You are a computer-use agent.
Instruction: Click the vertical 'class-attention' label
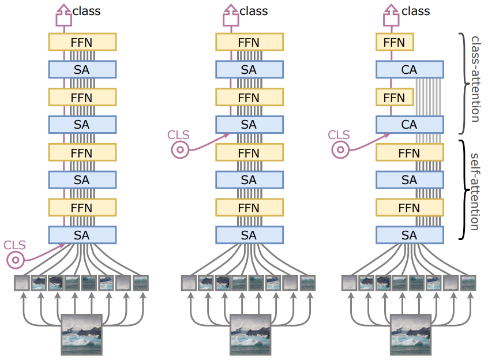(475, 80)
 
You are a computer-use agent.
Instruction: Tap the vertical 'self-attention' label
(475, 192)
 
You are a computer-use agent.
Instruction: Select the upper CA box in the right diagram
(410, 69)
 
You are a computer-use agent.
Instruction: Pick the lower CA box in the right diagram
(410, 125)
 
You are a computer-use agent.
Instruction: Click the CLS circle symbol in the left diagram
(16, 260)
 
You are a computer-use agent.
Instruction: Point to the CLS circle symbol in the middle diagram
(180, 149)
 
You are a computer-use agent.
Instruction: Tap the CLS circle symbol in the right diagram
(340, 149)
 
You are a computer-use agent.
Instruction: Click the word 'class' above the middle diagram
(254, 11)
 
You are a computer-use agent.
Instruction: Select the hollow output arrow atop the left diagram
(64, 15)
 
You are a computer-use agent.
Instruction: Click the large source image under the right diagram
(411, 335)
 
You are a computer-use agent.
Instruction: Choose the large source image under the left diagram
(81, 335)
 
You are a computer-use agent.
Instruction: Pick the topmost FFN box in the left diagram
(82, 42)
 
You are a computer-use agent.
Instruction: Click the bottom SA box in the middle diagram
(249, 235)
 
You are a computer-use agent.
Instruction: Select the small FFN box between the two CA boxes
(395, 97)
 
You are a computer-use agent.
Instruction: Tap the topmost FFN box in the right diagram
(395, 42)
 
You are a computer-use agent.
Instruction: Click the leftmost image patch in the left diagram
(22, 283)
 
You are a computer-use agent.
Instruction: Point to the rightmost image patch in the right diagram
(468, 283)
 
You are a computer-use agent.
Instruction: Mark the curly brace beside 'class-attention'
(464, 84)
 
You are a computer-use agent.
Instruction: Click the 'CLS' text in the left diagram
(14, 245)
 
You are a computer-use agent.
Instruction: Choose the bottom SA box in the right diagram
(410, 235)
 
